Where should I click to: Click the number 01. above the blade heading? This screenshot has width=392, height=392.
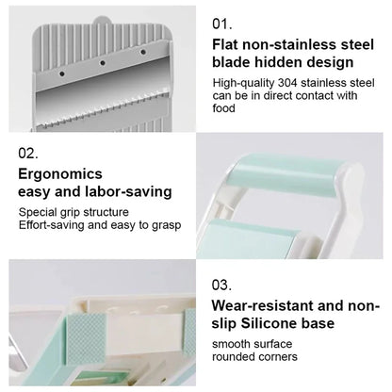pos(222,24)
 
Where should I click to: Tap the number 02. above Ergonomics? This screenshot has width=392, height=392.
pos(28,154)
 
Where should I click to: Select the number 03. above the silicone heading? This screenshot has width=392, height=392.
pos(221,285)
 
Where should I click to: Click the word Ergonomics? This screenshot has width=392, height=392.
pos(60,174)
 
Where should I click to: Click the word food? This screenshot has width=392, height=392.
pos(223,108)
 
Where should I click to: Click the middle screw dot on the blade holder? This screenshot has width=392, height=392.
pos(103,63)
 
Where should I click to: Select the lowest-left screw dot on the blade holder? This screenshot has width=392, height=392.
pos(62,74)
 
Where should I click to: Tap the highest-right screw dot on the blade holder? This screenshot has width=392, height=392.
pos(143,52)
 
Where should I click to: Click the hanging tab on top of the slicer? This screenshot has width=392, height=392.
pos(104,21)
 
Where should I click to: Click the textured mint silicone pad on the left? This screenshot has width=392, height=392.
pos(86,338)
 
